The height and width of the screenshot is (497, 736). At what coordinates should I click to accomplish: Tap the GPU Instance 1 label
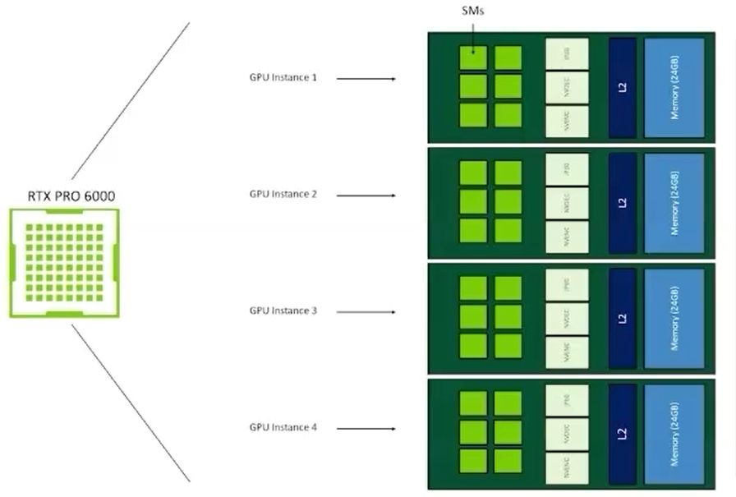283,78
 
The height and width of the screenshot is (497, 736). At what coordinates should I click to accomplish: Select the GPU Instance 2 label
283,195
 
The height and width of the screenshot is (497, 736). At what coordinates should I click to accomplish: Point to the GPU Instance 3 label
283,311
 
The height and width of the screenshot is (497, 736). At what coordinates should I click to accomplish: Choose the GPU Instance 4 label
283,428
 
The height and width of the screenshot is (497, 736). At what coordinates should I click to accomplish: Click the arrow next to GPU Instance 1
366,79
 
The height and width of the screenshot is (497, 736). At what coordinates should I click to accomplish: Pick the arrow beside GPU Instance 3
366,312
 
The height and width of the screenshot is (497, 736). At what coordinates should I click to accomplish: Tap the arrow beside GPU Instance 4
366,429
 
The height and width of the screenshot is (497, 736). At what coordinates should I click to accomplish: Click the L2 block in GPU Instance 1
622,87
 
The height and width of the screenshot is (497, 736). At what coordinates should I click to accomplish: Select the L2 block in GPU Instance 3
622,320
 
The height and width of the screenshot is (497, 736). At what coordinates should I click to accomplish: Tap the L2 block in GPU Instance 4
622,435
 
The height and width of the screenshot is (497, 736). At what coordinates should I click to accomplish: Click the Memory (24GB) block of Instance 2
674,203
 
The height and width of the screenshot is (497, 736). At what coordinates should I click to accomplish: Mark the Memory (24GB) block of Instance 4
674,435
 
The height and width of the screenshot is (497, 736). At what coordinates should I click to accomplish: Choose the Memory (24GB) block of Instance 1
674,87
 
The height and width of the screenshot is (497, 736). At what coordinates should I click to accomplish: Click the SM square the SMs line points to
472,58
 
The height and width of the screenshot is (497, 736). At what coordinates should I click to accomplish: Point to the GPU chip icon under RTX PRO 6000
64,263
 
